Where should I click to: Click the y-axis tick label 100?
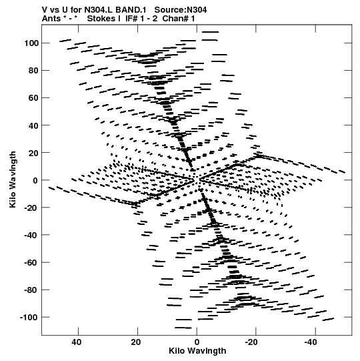tap(31, 43)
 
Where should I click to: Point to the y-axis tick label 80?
tap(33, 71)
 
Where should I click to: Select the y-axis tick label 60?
tap(33, 98)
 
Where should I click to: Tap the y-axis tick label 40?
tap(33, 125)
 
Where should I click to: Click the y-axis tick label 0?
tap(35, 180)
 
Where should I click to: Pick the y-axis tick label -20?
tap(32, 208)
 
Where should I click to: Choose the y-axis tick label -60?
tap(32, 262)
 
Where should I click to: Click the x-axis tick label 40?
tap(77, 342)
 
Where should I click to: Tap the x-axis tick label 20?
tap(136, 342)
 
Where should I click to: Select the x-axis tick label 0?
tap(197, 342)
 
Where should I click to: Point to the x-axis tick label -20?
tap(251, 342)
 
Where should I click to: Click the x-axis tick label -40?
tap(311, 342)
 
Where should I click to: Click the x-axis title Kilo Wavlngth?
tap(197, 351)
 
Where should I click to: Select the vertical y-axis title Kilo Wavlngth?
tap(13, 179)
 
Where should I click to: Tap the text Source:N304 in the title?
tap(181, 10)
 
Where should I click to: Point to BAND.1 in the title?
tap(131, 10)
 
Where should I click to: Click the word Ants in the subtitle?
tap(51, 19)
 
